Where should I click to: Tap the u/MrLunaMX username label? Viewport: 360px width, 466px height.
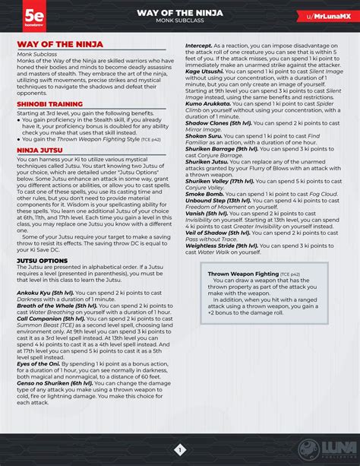(x=324, y=15)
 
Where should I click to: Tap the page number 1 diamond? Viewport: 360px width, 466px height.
(x=180, y=449)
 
